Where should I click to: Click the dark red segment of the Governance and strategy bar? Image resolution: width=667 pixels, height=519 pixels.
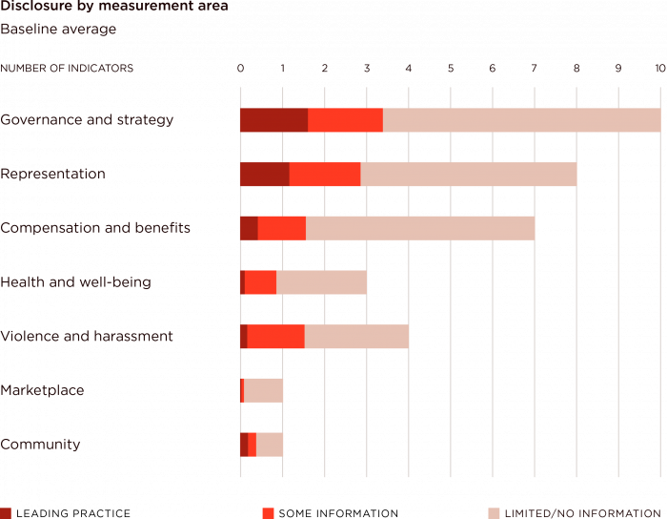tap(273, 120)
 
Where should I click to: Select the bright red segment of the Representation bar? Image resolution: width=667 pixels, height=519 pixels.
tap(324, 175)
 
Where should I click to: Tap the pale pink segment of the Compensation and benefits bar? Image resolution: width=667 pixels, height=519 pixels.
tap(419, 229)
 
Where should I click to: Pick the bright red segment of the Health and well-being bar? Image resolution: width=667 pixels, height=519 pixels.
tap(260, 282)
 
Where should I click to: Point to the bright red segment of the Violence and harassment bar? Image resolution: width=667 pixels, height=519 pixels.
tap(275, 337)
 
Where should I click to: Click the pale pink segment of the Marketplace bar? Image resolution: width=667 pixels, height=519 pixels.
tap(263, 391)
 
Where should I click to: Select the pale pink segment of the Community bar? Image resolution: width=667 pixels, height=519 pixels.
tap(269, 445)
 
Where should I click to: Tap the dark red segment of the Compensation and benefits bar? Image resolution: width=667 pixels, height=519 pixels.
tap(249, 229)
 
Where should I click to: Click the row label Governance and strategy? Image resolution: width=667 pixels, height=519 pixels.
tap(87, 120)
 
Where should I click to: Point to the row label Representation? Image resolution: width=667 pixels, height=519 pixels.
tap(52, 175)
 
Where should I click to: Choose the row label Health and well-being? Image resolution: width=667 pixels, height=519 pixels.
tap(75, 282)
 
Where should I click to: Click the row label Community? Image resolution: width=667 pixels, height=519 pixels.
tap(40, 445)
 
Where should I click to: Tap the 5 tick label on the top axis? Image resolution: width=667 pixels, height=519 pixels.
tap(451, 69)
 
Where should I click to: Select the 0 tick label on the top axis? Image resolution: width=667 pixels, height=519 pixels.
tap(240, 69)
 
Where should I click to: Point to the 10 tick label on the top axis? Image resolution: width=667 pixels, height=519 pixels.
tap(659, 69)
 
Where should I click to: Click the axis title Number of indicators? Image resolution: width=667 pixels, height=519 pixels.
tap(67, 69)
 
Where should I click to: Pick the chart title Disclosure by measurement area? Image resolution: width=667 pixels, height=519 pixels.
tap(114, 7)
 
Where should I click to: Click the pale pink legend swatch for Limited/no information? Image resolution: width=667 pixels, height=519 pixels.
tap(494, 513)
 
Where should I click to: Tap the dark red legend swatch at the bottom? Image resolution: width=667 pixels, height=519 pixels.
tap(6, 513)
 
